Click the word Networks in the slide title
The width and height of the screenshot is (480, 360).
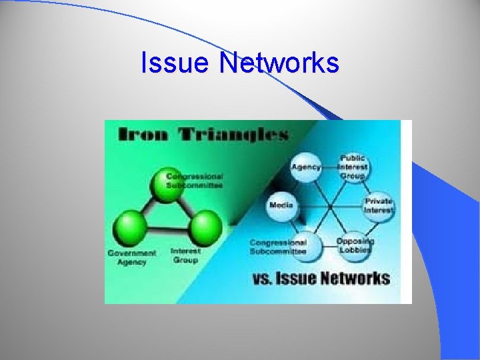click(x=279, y=63)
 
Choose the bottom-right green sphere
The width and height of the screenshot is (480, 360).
click(x=206, y=227)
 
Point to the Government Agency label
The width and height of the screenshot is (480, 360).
click(x=131, y=257)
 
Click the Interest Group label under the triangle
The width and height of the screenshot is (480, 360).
click(x=185, y=255)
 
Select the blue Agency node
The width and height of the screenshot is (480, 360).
click(x=306, y=167)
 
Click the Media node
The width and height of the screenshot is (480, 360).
click(x=281, y=205)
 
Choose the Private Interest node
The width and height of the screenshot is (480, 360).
click(x=378, y=205)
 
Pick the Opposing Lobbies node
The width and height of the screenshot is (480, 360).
click(x=354, y=245)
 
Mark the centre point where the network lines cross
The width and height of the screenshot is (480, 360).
click(x=329, y=205)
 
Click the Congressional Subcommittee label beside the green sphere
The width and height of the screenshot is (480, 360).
click(x=195, y=181)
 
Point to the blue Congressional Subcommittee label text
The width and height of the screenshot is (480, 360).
click(x=278, y=247)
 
